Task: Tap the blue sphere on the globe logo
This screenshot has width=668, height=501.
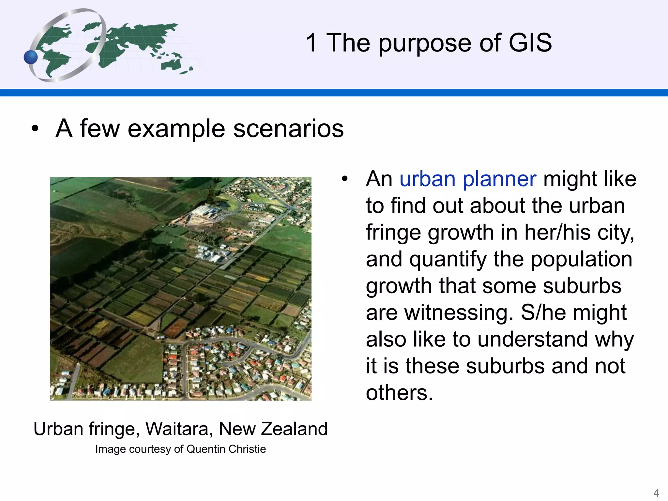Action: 31,57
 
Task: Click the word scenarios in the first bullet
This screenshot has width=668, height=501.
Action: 288,129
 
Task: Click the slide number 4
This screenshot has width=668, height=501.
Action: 656,493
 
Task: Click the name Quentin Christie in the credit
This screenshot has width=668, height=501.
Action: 226,449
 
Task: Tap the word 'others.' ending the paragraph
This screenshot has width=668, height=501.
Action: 399,393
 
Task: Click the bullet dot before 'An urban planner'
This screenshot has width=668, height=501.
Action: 345,179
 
